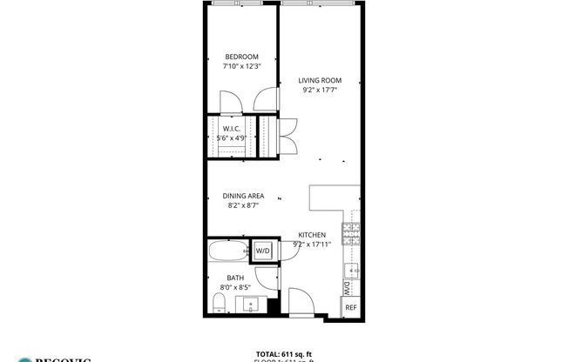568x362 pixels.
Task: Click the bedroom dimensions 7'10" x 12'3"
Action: (x=241, y=65)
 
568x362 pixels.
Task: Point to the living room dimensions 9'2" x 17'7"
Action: (x=319, y=88)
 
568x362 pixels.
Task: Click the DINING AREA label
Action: (x=243, y=197)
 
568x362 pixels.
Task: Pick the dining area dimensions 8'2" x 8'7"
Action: (x=243, y=206)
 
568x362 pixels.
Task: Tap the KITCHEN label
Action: (x=312, y=235)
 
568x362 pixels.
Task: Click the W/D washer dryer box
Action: (x=262, y=251)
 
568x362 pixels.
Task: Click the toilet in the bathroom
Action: (x=219, y=303)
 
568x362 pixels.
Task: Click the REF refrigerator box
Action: (x=350, y=307)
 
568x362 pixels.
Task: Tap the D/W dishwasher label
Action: (x=347, y=287)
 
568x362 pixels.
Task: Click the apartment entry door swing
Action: (x=301, y=303)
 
